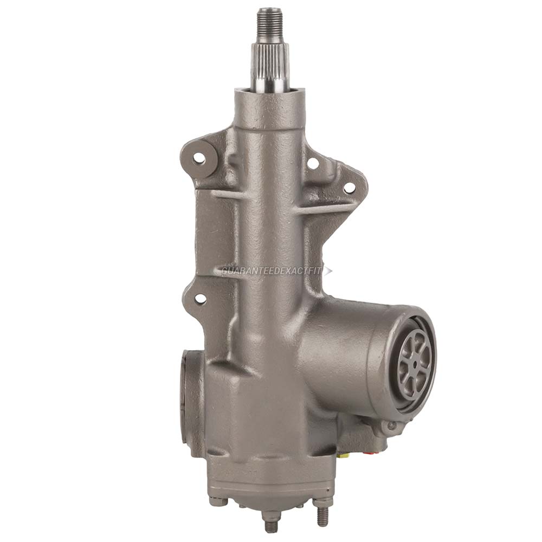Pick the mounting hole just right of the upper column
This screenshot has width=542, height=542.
tap(313, 163)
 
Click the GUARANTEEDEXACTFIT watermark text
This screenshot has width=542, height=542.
tap(272, 270)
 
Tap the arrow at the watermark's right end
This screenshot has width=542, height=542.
tap(327, 270)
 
